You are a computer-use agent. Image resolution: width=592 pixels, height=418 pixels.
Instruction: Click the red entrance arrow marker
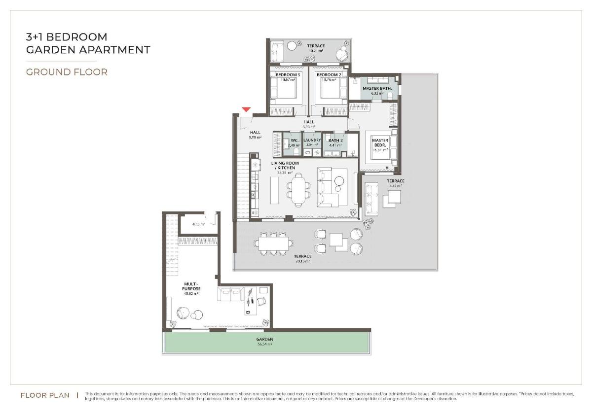(x=246, y=109)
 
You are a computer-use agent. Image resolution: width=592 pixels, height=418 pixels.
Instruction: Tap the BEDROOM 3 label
(x=288, y=75)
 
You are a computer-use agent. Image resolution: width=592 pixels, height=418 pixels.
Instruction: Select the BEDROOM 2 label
(x=329, y=75)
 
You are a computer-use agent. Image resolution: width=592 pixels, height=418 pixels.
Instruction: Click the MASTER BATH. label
(x=377, y=89)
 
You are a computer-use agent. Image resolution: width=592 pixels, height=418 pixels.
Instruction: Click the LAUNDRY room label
(x=312, y=140)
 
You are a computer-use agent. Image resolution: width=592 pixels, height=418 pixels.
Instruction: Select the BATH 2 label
(x=335, y=140)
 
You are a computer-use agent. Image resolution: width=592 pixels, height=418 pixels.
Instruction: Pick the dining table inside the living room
(x=298, y=190)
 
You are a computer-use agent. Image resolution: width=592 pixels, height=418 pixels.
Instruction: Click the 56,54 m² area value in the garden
(x=264, y=344)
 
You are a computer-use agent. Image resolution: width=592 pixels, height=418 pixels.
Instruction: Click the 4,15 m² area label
(x=199, y=224)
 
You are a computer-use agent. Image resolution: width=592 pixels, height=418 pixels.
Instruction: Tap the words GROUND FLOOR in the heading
(x=67, y=72)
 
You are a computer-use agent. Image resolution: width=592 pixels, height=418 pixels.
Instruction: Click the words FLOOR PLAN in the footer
(x=45, y=395)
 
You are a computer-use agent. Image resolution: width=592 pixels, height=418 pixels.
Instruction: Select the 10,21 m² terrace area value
(x=316, y=51)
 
